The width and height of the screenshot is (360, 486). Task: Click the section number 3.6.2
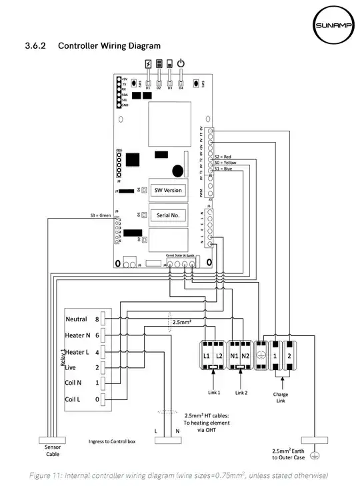click(35, 46)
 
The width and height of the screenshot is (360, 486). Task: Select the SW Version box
click(168, 190)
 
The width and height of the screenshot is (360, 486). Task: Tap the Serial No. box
click(168, 215)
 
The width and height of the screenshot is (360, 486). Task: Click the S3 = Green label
click(101, 215)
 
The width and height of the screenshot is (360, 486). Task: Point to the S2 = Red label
click(223, 156)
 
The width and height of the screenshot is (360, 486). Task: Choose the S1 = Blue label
click(223, 168)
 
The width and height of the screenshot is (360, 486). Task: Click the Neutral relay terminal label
click(77, 319)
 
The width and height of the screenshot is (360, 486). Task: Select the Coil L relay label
click(73, 399)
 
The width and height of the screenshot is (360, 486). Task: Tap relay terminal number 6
click(97, 335)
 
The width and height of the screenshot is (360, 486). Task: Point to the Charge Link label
click(281, 398)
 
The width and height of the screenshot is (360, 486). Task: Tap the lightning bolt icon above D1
click(148, 64)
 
